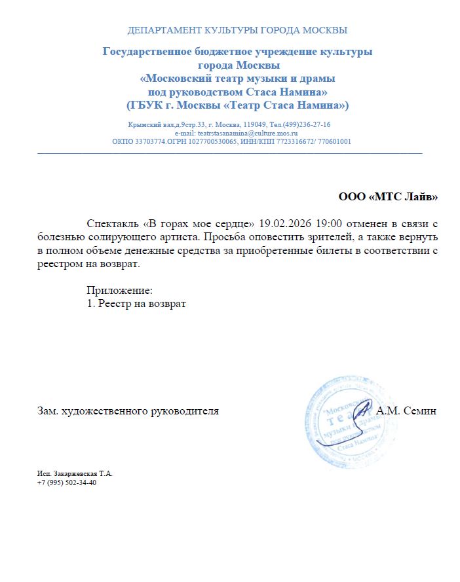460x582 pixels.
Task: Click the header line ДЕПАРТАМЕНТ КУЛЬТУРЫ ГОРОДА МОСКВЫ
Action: click(x=237, y=30)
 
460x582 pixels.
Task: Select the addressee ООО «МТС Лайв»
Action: click(x=387, y=196)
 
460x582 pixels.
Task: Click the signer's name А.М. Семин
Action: click(x=407, y=411)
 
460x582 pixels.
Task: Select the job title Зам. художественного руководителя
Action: click(x=128, y=411)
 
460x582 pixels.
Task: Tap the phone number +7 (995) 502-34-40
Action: click(x=67, y=482)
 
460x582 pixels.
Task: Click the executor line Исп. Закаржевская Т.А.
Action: click(x=75, y=473)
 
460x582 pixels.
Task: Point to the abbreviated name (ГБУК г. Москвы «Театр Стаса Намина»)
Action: click(x=237, y=105)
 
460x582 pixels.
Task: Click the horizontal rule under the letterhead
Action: click(x=229, y=153)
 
